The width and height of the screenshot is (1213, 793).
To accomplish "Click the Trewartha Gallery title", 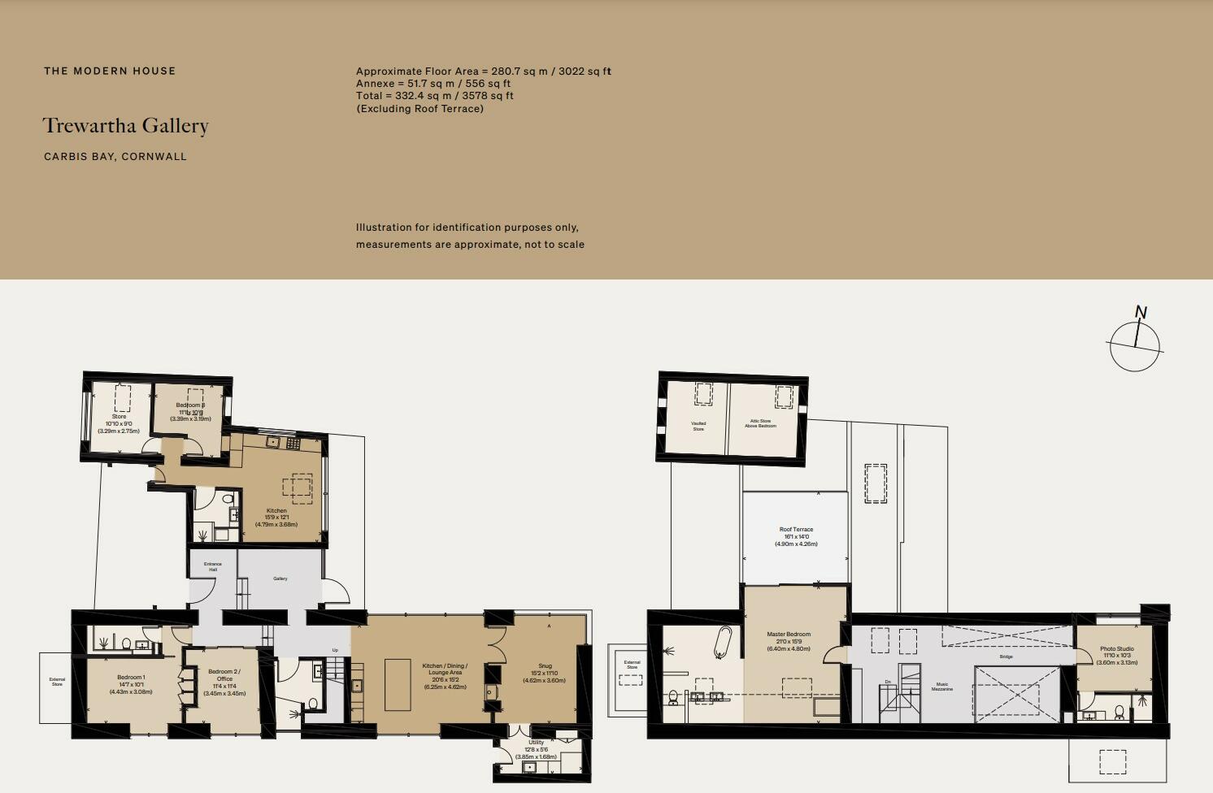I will (125, 126).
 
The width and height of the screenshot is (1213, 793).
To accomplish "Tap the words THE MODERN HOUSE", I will (110, 71).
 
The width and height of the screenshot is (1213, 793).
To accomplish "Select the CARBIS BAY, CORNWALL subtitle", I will (115, 157).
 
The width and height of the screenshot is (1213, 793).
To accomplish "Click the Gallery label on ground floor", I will (280, 578).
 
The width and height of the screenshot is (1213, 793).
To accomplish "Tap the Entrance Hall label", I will (213, 566).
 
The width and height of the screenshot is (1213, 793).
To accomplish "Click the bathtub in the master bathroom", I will (723, 643).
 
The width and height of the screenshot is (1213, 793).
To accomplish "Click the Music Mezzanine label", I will (942, 687).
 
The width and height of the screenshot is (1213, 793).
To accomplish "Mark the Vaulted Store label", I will (698, 426).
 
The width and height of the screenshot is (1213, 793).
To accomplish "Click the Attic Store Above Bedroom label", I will (760, 423).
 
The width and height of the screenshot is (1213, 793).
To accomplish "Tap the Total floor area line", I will (434, 96).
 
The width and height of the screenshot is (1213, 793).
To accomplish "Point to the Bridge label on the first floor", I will (1006, 656).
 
